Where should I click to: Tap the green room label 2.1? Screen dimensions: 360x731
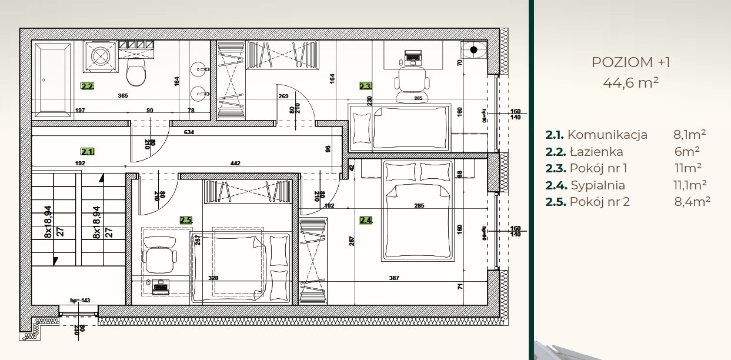pyautogui.click(x=87, y=151)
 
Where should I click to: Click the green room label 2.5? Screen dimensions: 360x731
pyautogui.click(x=186, y=220)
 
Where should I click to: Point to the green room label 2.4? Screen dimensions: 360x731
pyautogui.click(x=366, y=221)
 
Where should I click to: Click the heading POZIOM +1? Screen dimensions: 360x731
pyautogui.click(x=630, y=62)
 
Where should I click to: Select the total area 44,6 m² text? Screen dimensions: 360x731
pyautogui.click(x=630, y=82)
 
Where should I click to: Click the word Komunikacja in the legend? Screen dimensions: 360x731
pyautogui.click(x=608, y=135)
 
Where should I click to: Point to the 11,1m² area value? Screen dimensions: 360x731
pyautogui.click(x=690, y=185)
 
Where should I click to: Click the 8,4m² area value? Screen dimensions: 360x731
pyautogui.click(x=692, y=202)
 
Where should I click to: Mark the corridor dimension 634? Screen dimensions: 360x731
pyautogui.click(x=189, y=132)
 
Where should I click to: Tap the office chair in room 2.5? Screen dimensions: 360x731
pyautogui.click(x=159, y=255)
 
